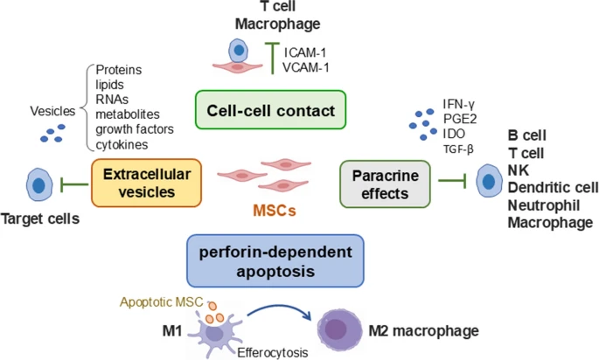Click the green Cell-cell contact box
270,111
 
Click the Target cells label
40,218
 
